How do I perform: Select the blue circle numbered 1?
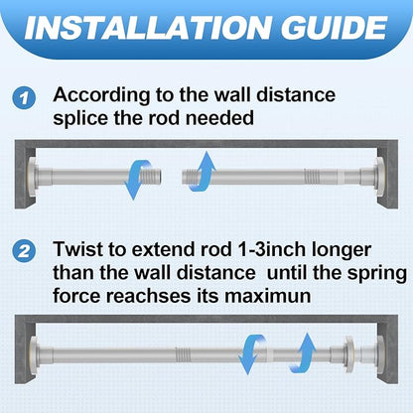(24, 98)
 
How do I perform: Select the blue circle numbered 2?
(24, 252)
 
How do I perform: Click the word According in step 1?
(101, 95)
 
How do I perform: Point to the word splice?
(80, 119)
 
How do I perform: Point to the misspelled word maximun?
(267, 296)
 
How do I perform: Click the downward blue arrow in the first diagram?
(136, 180)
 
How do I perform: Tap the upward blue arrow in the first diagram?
(203, 172)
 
